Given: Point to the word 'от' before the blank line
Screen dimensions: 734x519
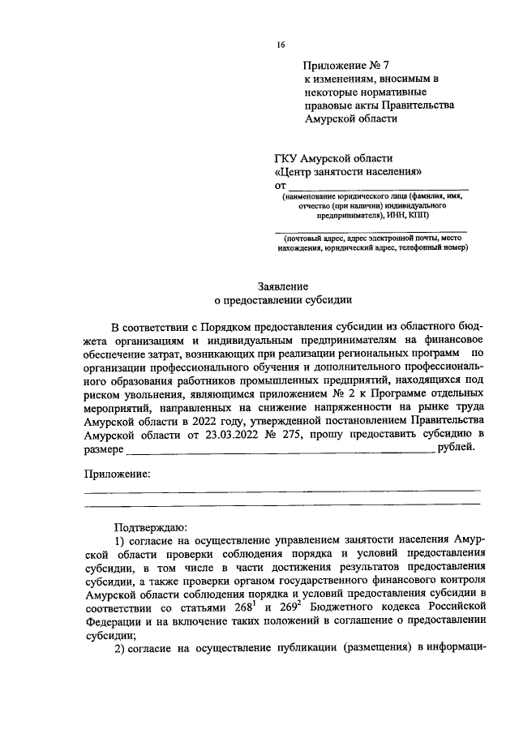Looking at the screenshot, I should click(281, 186).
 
